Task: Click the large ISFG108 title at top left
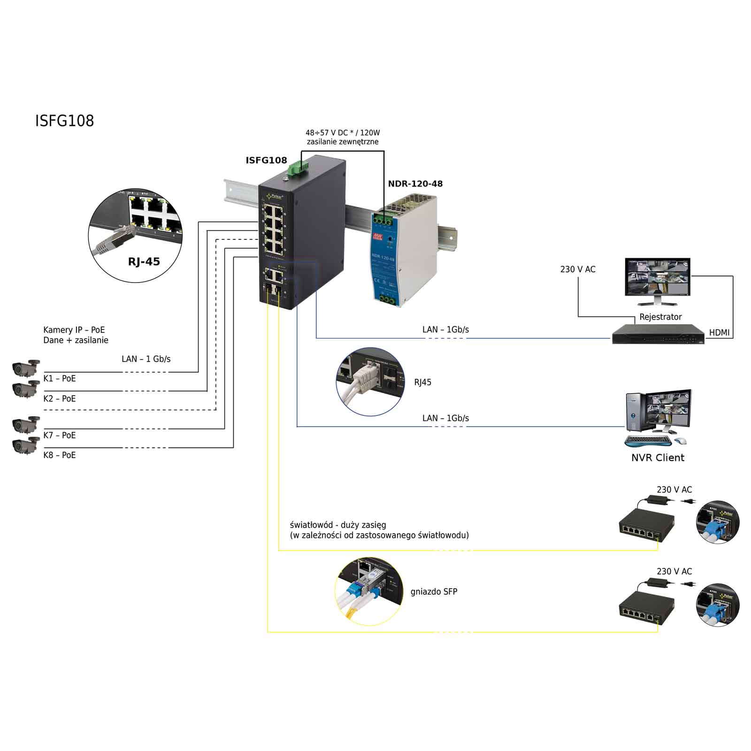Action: tap(64, 121)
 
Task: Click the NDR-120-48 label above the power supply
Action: tap(415, 184)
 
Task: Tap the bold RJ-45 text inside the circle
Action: tap(144, 261)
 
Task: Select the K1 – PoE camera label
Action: tap(59, 378)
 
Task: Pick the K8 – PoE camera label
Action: tap(59, 455)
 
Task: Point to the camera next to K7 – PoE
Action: tap(26, 424)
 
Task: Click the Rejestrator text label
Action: tap(660, 317)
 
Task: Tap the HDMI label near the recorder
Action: tap(719, 332)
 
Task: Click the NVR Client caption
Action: tap(658, 458)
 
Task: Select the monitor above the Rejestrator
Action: tap(658, 279)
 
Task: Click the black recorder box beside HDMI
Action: tap(658, 334)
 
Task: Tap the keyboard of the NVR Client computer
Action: tap(648, 441)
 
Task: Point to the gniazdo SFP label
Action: tap(434, 591)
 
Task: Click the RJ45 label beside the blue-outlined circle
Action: tap(422, 382)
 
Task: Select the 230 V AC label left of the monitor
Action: tap(577, 269)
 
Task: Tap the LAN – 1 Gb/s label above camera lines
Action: tap(146, 359)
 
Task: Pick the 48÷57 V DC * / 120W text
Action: tap(343, 133)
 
